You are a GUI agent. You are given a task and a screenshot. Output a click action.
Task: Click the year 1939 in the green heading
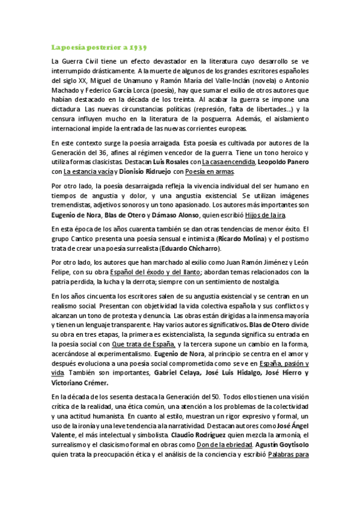[x=138, y=46]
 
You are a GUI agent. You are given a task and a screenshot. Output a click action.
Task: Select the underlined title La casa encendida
[x=229, y=162]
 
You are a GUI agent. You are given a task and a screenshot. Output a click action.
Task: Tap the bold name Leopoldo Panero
[x=282, y=162]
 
